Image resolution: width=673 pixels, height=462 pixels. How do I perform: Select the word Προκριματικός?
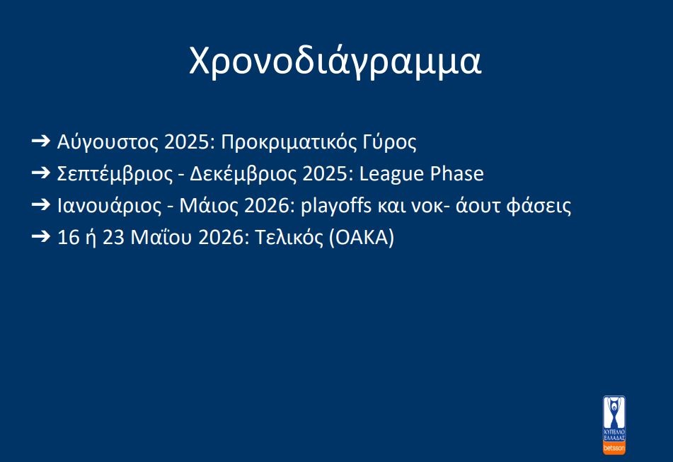coord(289,142)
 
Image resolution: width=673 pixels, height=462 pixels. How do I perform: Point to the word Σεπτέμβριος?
coord(115,174)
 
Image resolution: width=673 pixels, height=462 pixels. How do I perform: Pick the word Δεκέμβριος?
coord(243,174)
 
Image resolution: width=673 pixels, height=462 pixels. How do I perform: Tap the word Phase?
coord(457,174)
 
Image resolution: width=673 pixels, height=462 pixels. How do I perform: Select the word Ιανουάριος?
coord(110,206)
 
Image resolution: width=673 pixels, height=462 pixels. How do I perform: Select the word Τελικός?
coord(289,237)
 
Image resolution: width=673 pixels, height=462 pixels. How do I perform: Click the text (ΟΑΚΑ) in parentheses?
coord(362,238)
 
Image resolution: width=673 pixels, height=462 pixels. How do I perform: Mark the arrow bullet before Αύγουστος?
coord(41,140)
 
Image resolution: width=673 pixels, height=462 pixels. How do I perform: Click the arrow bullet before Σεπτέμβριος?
coord(41,173)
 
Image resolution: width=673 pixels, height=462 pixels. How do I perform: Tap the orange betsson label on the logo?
coord(614,449)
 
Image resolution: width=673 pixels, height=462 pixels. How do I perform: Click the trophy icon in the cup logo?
coord(614,412)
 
